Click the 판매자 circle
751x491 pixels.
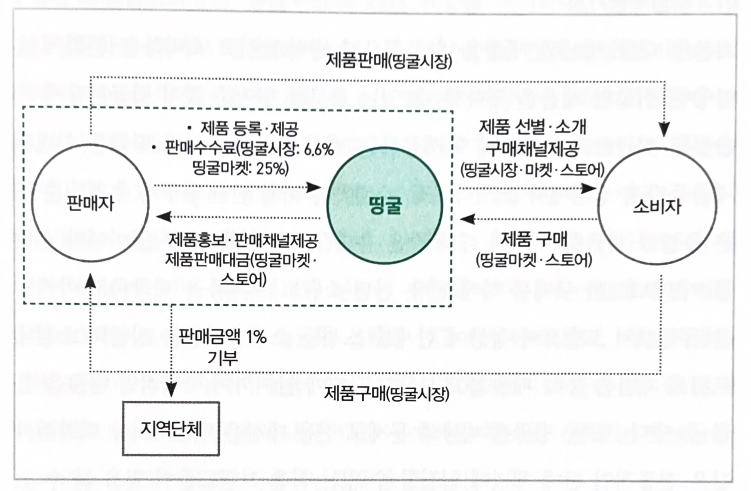90,203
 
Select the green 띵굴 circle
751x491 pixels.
385,206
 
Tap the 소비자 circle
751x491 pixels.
657,206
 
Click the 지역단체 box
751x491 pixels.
171,429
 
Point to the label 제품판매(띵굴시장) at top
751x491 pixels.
388,61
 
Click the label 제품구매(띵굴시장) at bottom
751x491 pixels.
386,394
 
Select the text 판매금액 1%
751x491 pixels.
222,337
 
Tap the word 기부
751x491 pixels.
222,358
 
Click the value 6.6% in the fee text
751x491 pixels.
318,149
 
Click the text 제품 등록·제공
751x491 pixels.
249,129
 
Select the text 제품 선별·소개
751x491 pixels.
532,127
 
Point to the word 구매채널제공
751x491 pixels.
532,149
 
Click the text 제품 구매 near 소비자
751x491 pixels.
534,240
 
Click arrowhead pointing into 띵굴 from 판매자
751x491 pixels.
314,187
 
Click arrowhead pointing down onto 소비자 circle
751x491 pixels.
664,129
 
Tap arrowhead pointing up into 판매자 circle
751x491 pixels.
90,282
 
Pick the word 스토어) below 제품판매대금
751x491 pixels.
243,279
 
